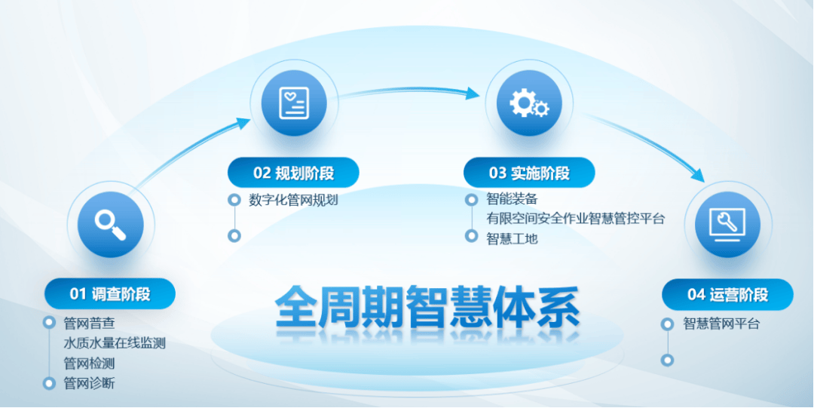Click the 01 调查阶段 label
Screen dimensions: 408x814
(x=110, y=293)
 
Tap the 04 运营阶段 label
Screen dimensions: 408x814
(x=727, y=294)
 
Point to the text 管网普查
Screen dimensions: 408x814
(x=89, y=324)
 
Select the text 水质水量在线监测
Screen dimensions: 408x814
(x=114, y=343)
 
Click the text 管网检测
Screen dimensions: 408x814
(x=89, y=364)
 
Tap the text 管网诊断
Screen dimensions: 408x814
(x=89, y=383)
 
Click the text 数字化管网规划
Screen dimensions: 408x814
(x=293, y=200)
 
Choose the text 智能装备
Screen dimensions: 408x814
(x=512, y=200)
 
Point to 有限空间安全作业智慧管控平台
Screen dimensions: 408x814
(x=575, y=219)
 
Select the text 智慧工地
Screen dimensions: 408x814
(x=512, y=238)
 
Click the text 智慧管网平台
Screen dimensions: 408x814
(x=721, y=324)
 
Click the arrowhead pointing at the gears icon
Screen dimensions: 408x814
(x=473, y=94)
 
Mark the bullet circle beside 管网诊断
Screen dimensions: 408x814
(x=50, y=383)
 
